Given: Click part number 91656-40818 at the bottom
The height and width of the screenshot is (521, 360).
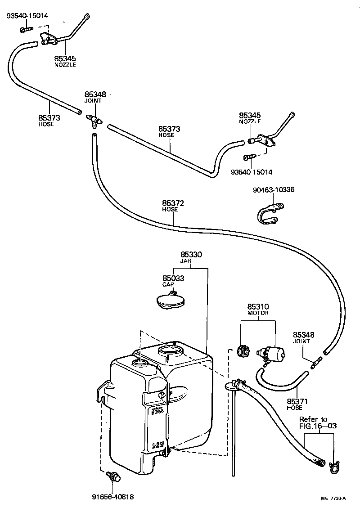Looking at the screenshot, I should pos(113,497).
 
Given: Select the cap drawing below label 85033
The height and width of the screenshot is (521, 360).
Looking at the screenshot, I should pos(170,301).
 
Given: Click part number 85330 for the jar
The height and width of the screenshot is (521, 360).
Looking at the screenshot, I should pos(191,255).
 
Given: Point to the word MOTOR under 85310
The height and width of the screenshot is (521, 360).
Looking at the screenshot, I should pos(258,313).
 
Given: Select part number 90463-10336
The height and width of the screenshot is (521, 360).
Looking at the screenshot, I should pos(274,190).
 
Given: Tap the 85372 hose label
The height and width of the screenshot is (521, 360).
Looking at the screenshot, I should pos(170,203).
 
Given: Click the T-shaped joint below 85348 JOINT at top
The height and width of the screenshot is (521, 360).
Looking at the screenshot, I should pos(93,120).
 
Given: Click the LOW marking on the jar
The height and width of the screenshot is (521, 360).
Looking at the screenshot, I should pos(157,445).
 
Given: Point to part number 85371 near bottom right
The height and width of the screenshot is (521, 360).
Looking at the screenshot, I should pos(295,401).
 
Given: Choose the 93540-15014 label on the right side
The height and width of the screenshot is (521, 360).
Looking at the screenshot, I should pos(252,172).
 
